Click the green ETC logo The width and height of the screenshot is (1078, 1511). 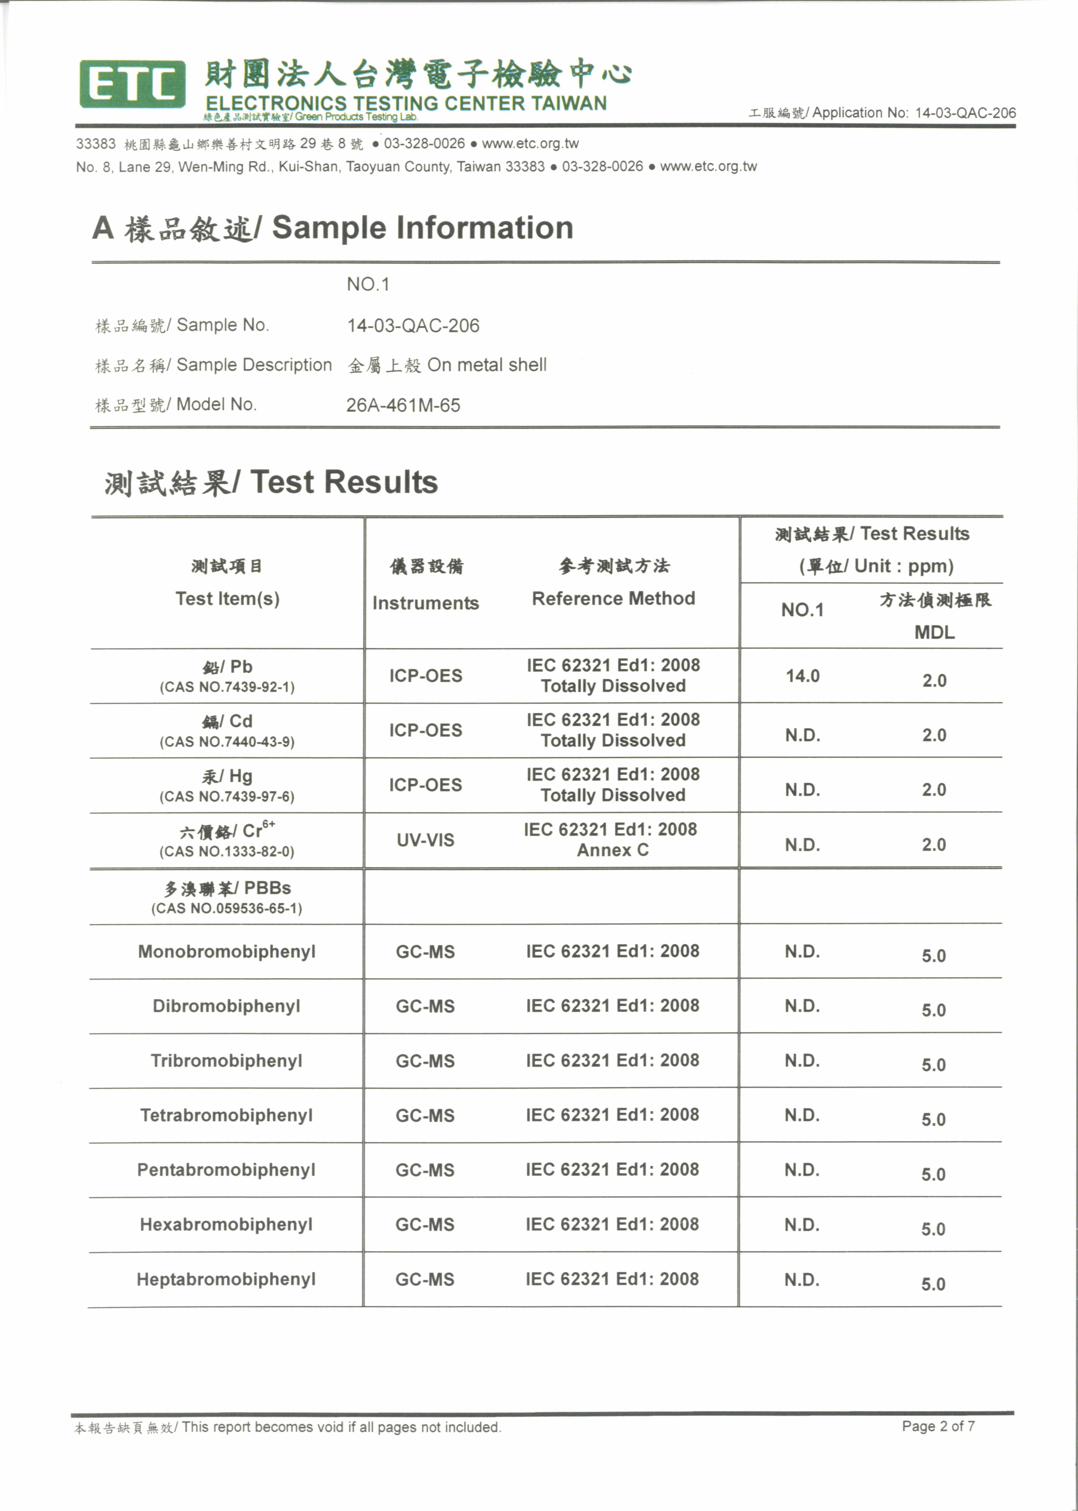(132, 84)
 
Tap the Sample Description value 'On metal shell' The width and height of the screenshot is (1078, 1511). (487, 365)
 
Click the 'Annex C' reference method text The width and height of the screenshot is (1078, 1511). (612, 850)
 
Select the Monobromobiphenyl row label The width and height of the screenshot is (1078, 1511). (226, 952)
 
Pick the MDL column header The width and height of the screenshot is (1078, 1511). (934, 632)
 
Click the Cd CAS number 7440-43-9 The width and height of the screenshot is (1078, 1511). (227, 742)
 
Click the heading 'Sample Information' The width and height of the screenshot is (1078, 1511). (422, 228)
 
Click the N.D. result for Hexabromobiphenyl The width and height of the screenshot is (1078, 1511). (802, 1224)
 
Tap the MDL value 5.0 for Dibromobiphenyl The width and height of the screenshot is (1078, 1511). (933, 1010)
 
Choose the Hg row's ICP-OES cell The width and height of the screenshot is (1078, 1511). (425, 785)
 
